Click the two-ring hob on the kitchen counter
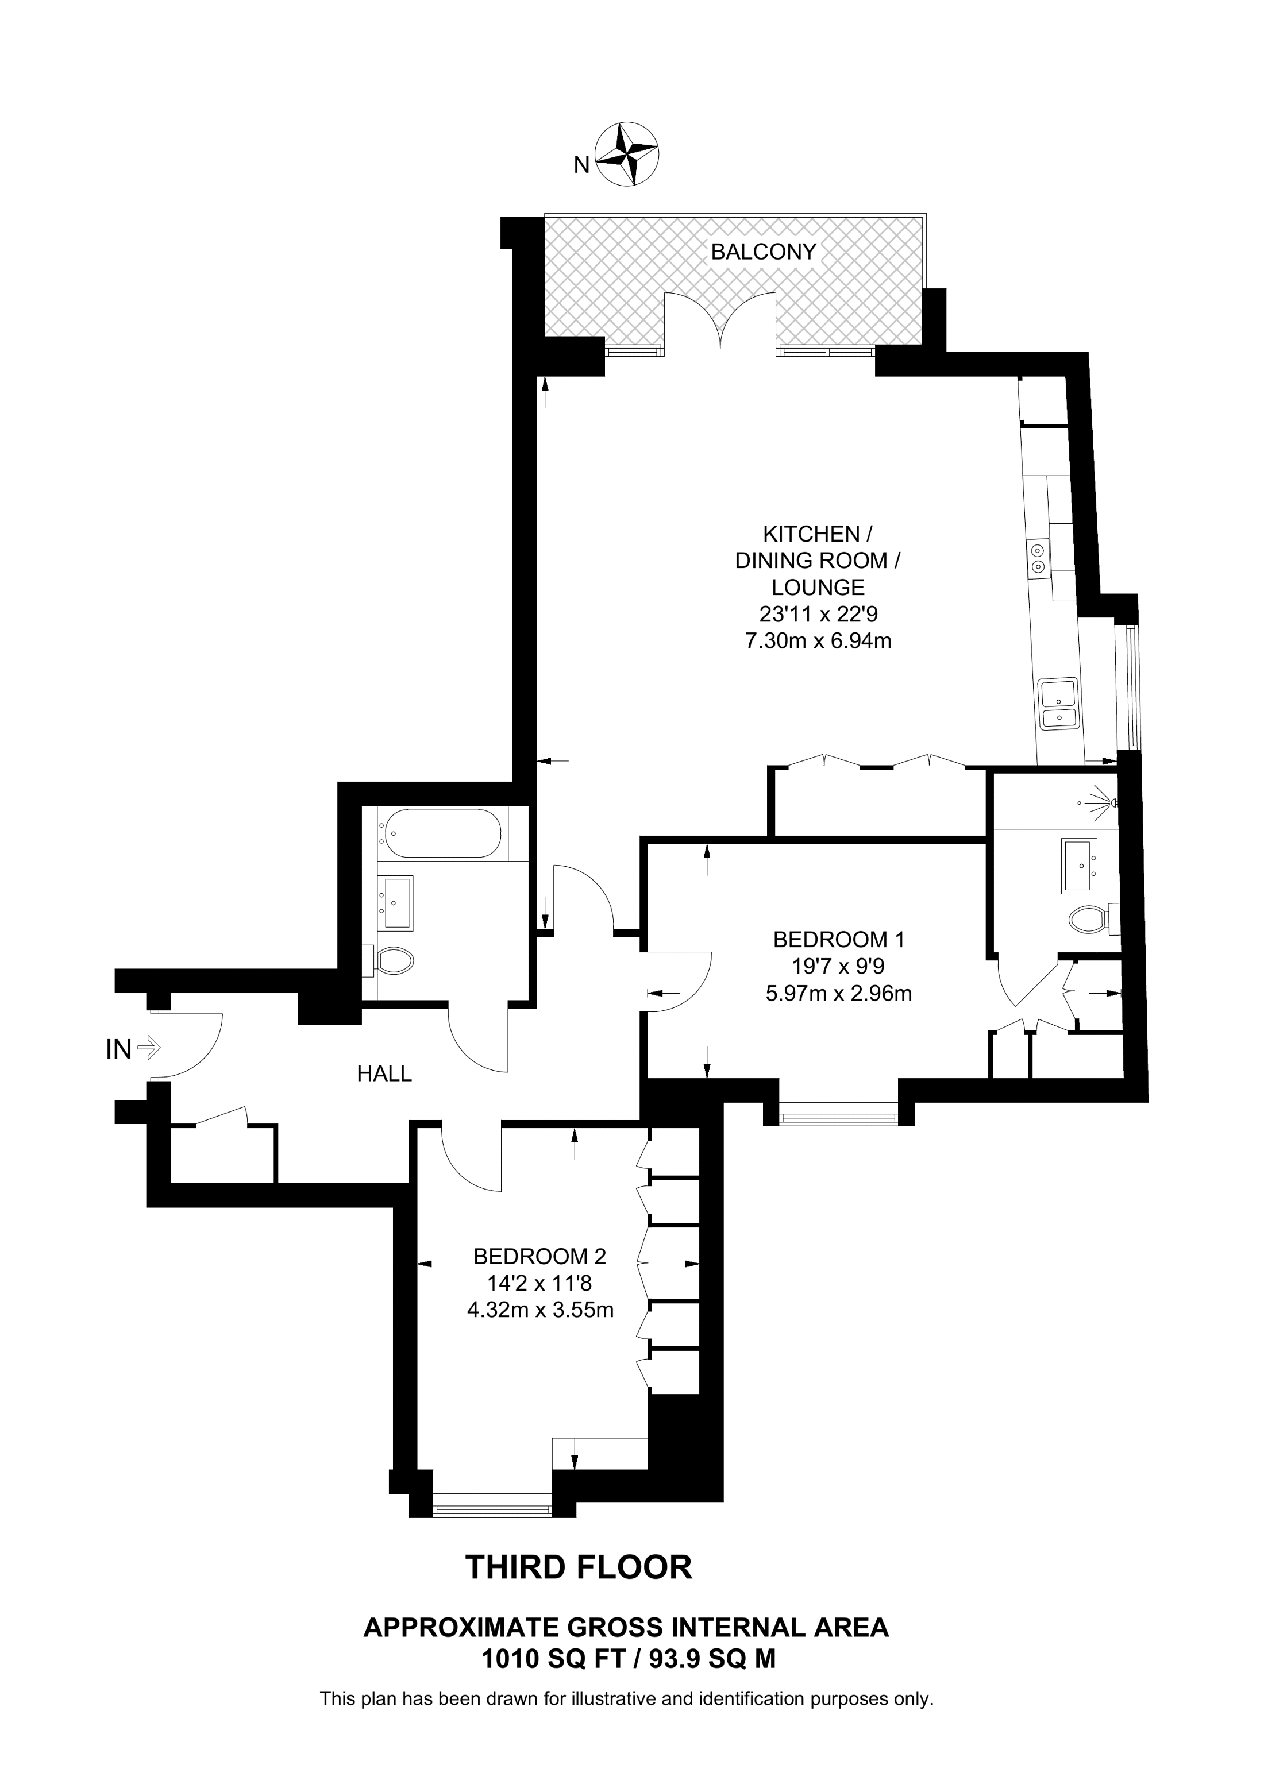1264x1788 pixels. (x=1038, y=558)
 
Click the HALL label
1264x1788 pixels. (x=384, y=1074)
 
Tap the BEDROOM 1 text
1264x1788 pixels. (x=838, y=939)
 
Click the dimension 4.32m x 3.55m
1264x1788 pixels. (x=539, y=1310)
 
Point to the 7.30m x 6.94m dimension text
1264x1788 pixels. (x=818, y=641)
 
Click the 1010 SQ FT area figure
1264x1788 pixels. (x=553, y=1659)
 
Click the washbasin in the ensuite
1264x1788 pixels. (x=1078, y=866)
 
